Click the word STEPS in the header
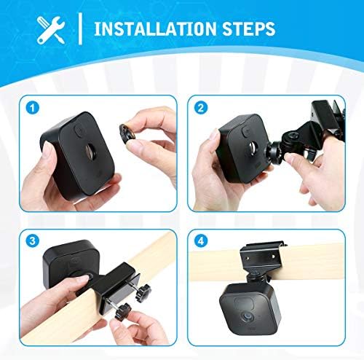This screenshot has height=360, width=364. click(x=249, y=29)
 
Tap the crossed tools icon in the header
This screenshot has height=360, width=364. click(x=51, y=30)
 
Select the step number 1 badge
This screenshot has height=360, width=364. click(x=33, y=107)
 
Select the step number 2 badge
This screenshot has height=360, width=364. click(x=201, y=108)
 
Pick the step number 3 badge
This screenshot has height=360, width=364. click(x=32, y=240)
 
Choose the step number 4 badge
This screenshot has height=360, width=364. click(x=201, y=241)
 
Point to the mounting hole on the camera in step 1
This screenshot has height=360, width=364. click(x=91, y=151)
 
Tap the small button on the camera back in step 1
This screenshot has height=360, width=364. click(x=79, y=130)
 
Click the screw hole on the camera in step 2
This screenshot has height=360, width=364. click(x=252, y=148)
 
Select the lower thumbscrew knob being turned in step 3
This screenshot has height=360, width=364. click(x=124, y=310)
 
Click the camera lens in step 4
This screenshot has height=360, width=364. click(x=247, y=317)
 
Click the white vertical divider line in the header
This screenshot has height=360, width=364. click(x=80, y=28)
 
